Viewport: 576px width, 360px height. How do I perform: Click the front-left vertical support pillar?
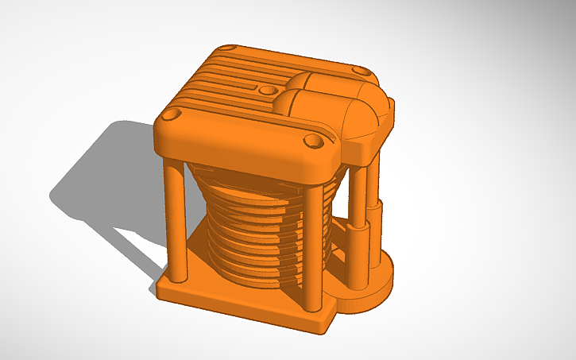(176, 218)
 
